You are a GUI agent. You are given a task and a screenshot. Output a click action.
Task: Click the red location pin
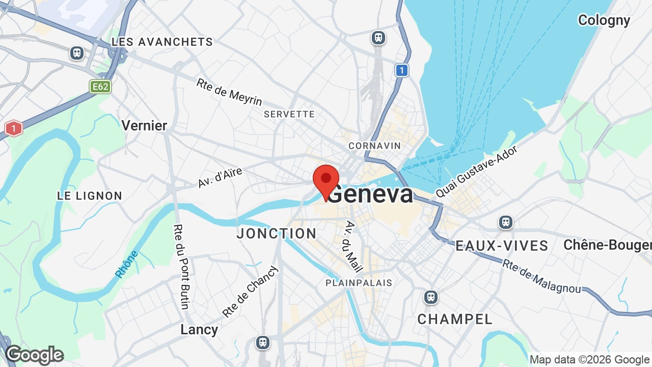[x=326, y=179]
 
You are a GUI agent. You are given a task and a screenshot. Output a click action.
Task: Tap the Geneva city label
[x=371, y=194]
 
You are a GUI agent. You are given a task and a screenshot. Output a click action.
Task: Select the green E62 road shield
[x=100, y=87]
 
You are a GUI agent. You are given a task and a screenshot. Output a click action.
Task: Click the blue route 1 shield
[x=402, y=70]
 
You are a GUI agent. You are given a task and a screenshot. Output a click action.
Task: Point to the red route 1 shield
[x=14, y=128]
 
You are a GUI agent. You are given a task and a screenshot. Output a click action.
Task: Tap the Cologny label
[x=604, y=20]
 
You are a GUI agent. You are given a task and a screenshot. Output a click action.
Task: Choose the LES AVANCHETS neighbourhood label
[x=162, y=42]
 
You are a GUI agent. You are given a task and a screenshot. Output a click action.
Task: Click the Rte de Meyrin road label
[x=229, y=92]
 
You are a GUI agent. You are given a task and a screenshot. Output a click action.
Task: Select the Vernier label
[x=144, y=125]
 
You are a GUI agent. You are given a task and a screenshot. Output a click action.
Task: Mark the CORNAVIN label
[x=374, y=146]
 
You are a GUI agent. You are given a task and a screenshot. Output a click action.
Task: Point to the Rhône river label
[x=127, y=264]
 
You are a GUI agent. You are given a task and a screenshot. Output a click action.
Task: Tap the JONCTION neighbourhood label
[x=277, y=233]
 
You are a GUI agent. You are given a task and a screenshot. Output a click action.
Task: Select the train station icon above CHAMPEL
[x=431, y=297]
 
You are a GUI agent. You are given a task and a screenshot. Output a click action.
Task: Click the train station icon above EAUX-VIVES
[x=505, y=222]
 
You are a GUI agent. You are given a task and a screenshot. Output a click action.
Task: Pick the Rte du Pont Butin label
[x=181, y=266]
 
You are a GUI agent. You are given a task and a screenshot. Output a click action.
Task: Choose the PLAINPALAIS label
[x=359, y=283]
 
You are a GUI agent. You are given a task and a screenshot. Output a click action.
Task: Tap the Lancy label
[x=199, y=330]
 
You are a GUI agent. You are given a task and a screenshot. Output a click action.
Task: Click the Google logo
[x=35, y=355]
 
